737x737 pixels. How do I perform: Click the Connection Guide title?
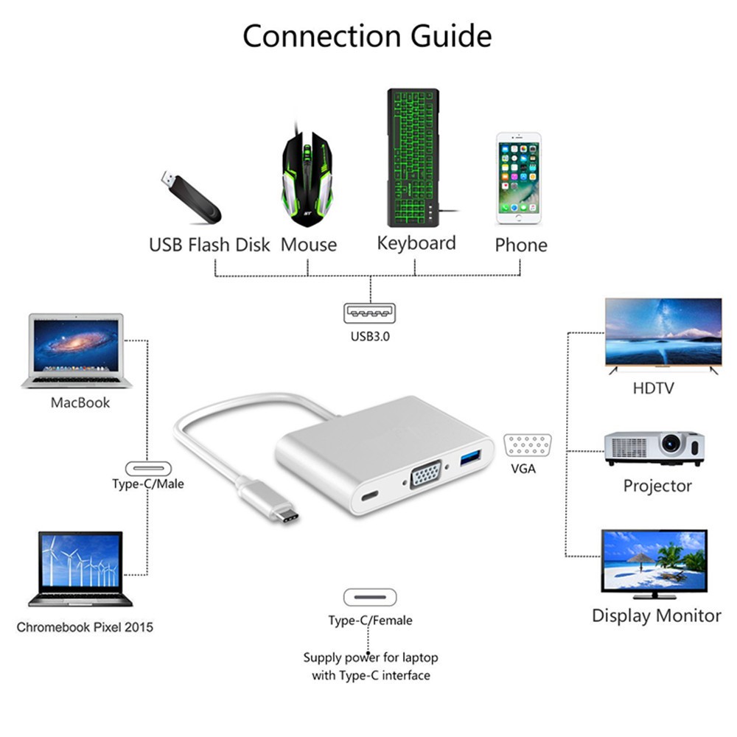pyautogui.click(x=367, y=35)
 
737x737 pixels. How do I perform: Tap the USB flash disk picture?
pyautogui.click(x=190, y=198)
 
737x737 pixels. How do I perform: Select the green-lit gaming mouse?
pyautogui.click(x=306, y=177)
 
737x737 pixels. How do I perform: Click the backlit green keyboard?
pyautogui.click(x=413, y=158)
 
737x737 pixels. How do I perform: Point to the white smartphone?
pyautogui.click(x=518, y=178)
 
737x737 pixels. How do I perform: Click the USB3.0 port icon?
pyautogui.click(x=369, y=313)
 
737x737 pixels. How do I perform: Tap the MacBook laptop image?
pyautogui.click(x=77, y=351)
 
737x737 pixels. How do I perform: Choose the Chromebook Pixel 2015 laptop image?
pyautogui.click(x=80, y=568)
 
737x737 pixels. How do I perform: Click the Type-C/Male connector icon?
pyautogui.click(x=148, y=468)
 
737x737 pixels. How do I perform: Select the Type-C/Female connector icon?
pyautogui.click(x=370, y=597)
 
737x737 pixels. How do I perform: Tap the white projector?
pyautogui.click(x=654, y=447)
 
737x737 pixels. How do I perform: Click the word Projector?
pyautogui.click(x=657, y=486)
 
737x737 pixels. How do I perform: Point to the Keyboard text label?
pyautogui.click(x=416, y=244)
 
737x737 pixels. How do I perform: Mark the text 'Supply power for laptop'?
pyautogui.click(x=370, y=657)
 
